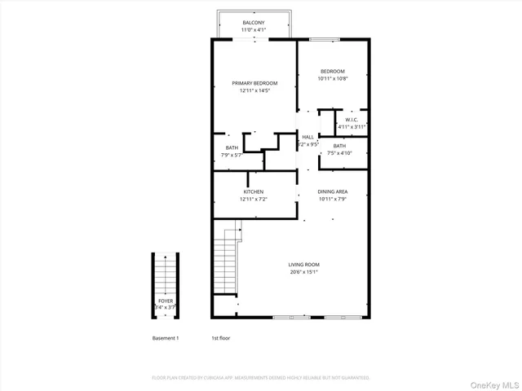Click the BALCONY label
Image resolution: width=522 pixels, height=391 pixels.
(253, 23)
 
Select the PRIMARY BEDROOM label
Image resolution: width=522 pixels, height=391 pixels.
(254, 83)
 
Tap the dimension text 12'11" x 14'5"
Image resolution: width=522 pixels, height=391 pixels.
(254, 90)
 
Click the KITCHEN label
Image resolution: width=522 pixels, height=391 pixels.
(253, 191)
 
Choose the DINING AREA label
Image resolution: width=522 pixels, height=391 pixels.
(333, 191)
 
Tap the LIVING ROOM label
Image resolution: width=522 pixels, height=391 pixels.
(303, 265)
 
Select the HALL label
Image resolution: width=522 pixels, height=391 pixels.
(307, 137)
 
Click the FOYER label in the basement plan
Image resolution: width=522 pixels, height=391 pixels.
(166, 301)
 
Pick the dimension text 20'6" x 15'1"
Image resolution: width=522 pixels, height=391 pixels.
(303, 272)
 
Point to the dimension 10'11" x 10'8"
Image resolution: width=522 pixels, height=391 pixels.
(332, 78)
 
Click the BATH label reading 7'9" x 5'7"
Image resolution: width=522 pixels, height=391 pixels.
(232, 147)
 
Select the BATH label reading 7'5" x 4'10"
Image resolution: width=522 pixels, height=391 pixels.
(339, 146)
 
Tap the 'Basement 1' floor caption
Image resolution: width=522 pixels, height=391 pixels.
(166, 337)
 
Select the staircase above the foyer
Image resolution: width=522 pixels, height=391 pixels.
(166, 273)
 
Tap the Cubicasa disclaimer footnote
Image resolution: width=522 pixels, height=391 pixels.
(261, 378)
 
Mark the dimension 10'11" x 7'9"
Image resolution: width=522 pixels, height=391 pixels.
(333, 199)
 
